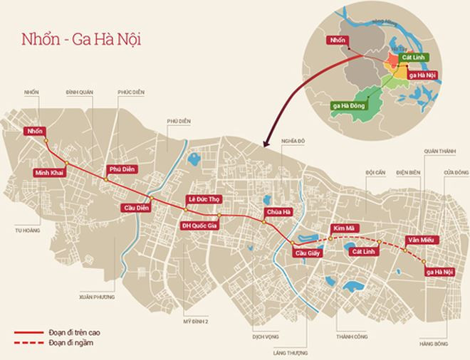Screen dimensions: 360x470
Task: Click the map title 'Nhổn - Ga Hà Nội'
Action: pos(79,39)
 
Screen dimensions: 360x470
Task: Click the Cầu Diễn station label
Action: pos(135,207)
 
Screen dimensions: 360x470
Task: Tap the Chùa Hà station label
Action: pos(278,212)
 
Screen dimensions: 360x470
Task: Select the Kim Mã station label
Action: pos(345,229)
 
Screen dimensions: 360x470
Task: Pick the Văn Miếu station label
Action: pos(419,240)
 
